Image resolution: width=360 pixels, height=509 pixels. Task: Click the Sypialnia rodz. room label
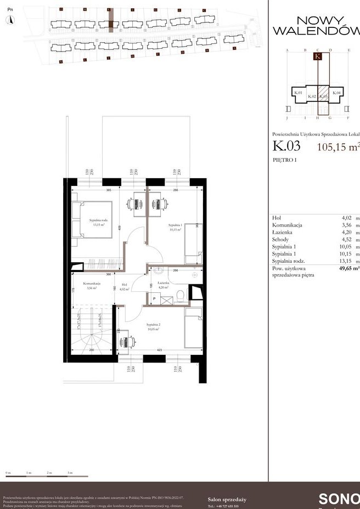98,222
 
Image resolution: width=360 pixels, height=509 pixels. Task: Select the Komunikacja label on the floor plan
92,285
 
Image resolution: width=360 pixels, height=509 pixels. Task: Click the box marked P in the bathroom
154,299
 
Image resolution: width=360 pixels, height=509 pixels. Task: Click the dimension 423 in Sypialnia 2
159,349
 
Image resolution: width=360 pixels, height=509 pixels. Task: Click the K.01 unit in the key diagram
298,93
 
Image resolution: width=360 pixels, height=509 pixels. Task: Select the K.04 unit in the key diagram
337,93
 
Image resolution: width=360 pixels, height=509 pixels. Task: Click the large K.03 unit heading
286,146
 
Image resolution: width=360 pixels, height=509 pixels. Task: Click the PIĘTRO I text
284,160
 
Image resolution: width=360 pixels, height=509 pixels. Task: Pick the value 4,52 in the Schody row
347,240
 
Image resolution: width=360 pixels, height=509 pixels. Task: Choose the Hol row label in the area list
276,218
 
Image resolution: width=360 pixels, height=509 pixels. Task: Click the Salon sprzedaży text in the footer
227,499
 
